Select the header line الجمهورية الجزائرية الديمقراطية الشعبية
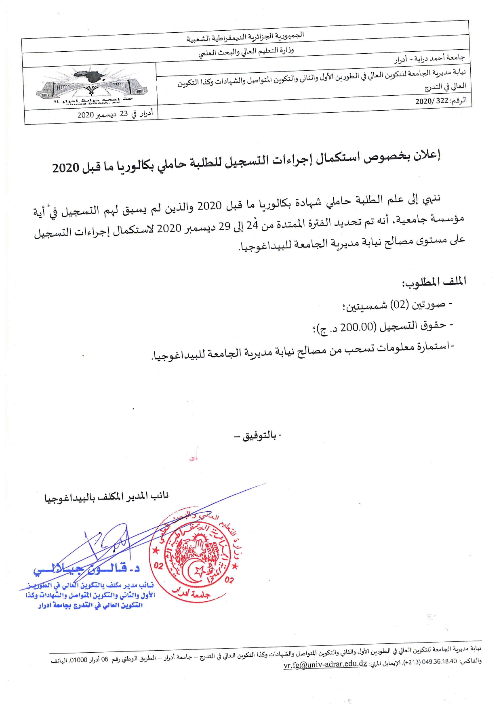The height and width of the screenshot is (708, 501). (x=245, y=37)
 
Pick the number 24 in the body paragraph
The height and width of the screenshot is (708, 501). (x=252, y=225)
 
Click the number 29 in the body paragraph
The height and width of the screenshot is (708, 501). (x=224, y=227)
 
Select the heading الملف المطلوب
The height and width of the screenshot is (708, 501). (x=434, y=282)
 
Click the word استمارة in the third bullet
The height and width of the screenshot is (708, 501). (x=434, y=346)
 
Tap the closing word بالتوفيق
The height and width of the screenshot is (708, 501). (x=260, y=436)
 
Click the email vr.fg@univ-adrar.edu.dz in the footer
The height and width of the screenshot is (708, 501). (x=325, y=664)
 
